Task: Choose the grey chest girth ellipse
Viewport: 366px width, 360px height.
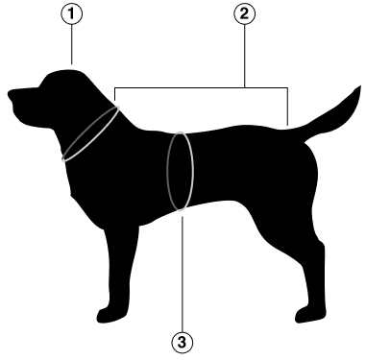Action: pos(180,171)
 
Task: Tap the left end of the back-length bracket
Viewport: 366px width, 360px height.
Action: pos(116,96)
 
